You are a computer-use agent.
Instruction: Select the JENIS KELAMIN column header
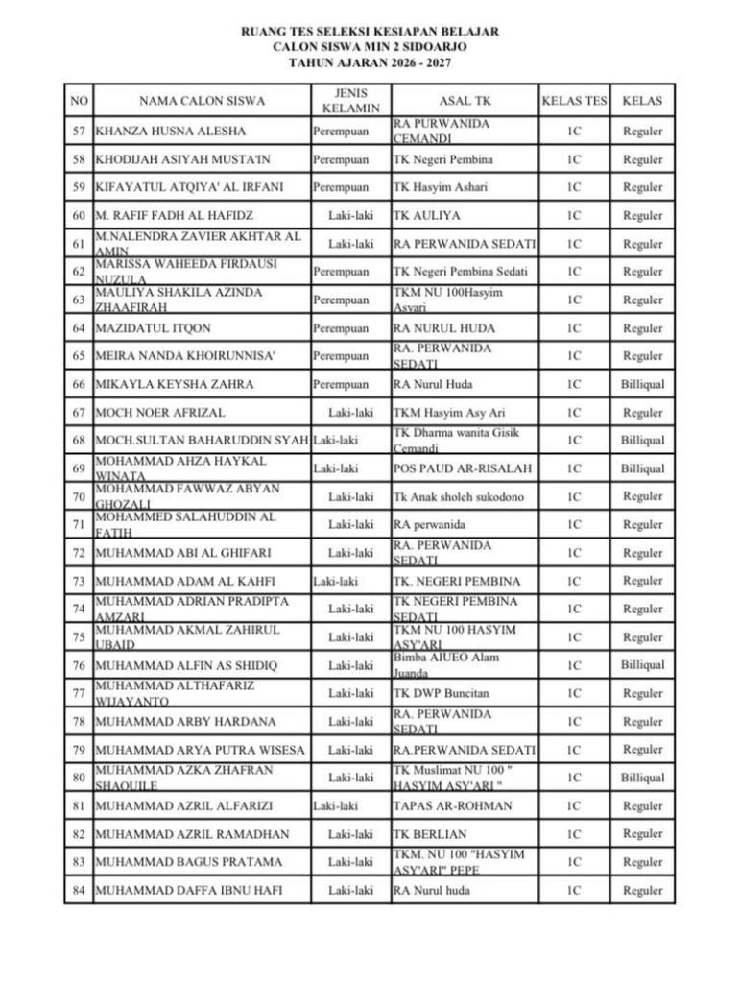tap(350, 100)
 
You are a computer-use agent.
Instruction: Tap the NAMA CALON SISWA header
tap(202, 100)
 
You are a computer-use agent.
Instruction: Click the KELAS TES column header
tap(574, 100)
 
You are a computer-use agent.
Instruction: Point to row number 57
tap(79, 132)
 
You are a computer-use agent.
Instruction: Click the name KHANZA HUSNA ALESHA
tap(170, 132)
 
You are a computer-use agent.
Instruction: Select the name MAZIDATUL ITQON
tap(153, 328)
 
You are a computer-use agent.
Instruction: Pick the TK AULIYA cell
tap(428, 215)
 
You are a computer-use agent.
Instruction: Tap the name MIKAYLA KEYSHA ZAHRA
tap(174, 385)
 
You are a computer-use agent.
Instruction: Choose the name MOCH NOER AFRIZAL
tap(160, 413)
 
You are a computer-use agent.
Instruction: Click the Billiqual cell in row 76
tap(642, 665)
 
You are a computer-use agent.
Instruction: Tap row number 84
tap(79, 891)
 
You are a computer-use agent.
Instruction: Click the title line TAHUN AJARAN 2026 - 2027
tap(370, 62)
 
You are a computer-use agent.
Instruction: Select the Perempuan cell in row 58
tap(341, 159)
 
